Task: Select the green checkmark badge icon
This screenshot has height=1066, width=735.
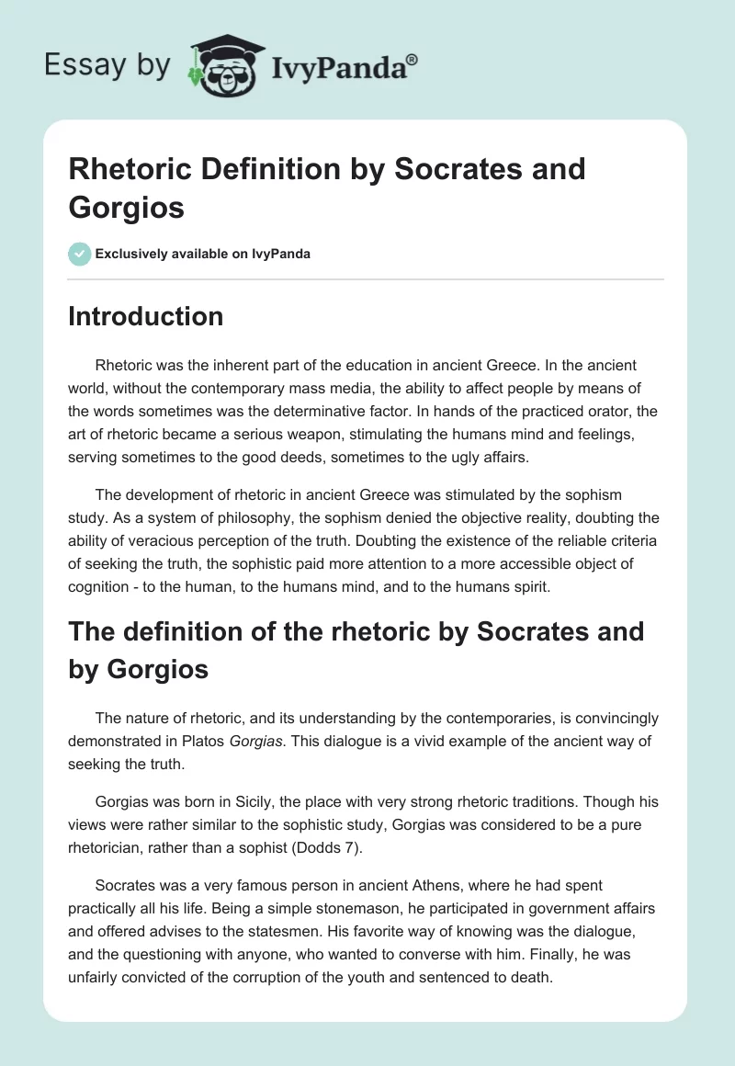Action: tap(80, 254)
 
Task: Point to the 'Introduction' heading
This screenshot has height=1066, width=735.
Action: tap(146, 316)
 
